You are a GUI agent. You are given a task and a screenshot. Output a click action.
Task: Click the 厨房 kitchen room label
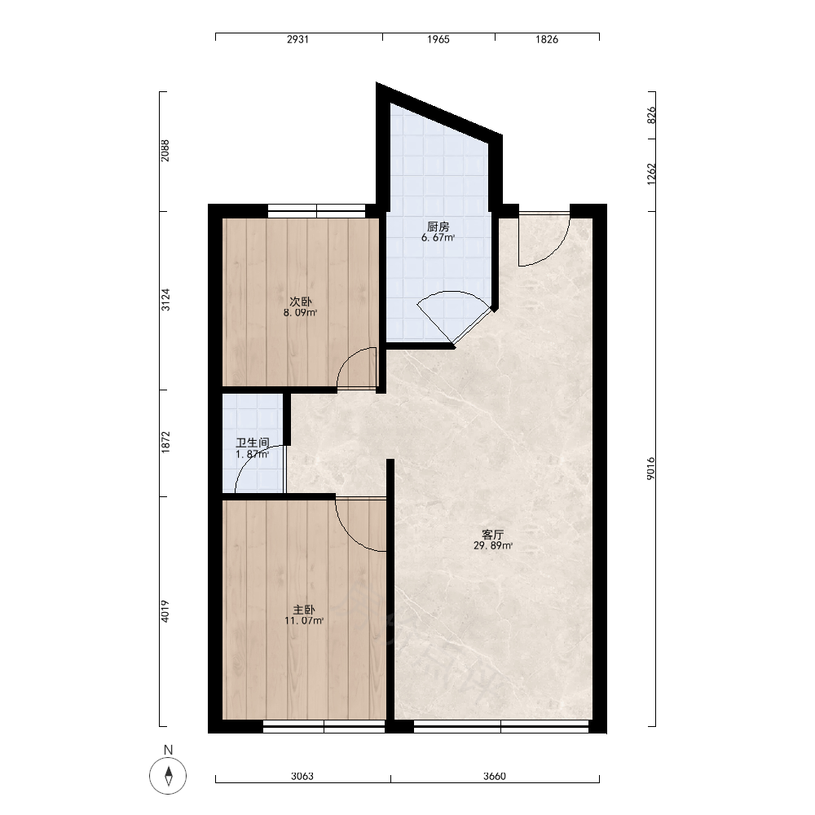[438, 227]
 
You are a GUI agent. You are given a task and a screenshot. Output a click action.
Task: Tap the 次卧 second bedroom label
[301, 302]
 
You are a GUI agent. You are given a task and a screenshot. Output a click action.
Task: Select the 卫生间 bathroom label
[252, 443]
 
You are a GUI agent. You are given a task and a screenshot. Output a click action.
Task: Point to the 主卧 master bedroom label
[304, 610]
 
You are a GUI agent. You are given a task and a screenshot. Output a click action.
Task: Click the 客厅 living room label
[493, 535]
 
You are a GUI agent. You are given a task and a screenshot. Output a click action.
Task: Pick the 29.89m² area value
[493, 546]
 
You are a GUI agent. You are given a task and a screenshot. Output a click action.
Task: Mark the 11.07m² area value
[304, 620]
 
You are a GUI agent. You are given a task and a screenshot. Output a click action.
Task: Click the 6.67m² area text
[438, 238]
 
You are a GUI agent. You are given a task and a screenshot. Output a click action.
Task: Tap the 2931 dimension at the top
[297, 39]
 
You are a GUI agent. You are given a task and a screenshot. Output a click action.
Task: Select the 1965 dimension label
[438, 39]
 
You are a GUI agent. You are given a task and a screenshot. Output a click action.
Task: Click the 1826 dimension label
[547, 39]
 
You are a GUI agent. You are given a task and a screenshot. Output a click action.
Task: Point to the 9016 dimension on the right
[651, 469]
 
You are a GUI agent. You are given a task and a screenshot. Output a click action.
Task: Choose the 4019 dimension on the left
[165, 611]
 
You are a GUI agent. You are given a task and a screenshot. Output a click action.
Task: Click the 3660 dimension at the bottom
[495, 777]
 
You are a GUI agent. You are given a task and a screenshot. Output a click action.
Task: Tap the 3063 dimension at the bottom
[302, 777]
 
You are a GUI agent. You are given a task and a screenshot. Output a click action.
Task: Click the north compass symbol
[168, 776]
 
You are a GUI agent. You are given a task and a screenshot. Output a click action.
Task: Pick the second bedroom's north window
[316, 211]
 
